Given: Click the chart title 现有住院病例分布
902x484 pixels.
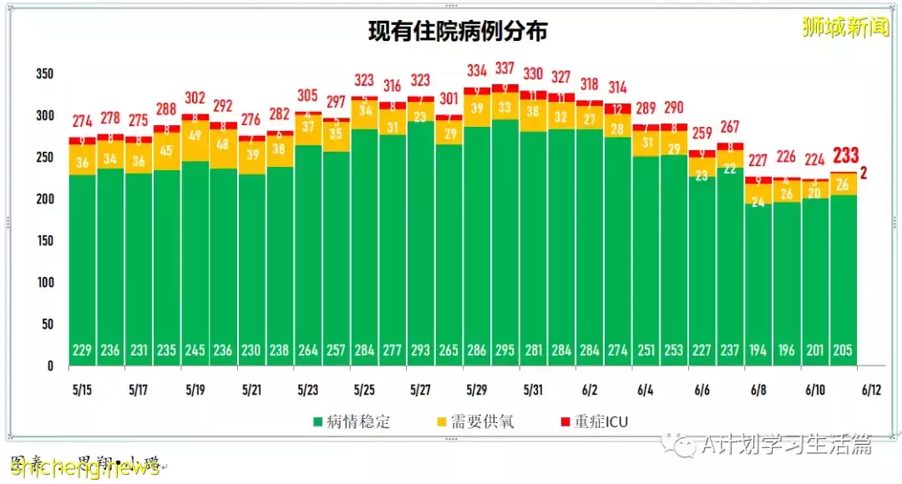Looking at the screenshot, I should coord(458,33).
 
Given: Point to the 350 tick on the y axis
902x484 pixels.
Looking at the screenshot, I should coord(44,74).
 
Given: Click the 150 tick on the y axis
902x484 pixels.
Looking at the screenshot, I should coord(44,241).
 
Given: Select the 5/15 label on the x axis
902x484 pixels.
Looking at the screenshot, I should coord(82,390).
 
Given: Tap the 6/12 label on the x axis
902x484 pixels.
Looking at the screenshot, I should coord(871,390).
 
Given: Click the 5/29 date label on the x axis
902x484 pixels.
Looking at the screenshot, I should coord(477,390).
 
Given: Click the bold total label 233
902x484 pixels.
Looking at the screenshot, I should coord(845,155).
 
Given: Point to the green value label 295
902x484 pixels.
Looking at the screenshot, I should coord(505,350).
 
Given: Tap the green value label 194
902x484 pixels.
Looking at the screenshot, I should coord(758,350).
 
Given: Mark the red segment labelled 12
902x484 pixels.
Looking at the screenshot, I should coord(618,108).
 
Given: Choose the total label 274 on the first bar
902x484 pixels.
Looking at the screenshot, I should coord(82,120).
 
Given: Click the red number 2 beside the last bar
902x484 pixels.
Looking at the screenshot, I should coord(864,174).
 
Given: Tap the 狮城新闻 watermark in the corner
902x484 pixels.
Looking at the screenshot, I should coord(845,27).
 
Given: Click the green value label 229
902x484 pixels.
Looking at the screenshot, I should coord(82,350).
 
